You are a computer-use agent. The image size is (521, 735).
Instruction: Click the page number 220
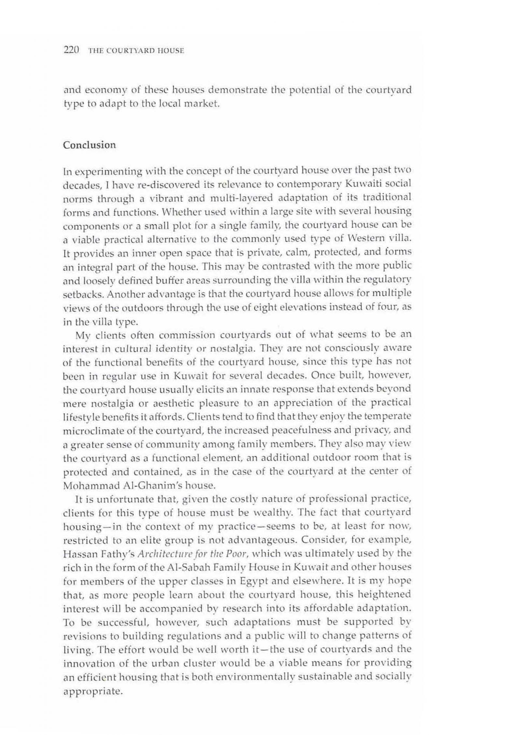click(x=72, y=50)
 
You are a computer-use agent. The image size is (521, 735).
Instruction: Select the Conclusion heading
click(x=89, y=145)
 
